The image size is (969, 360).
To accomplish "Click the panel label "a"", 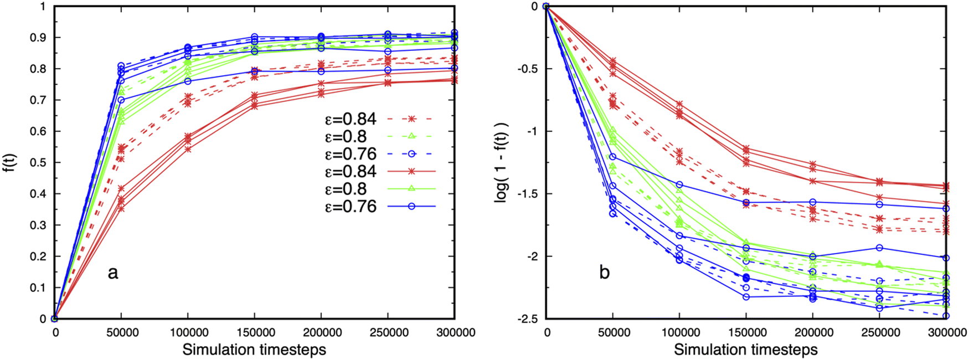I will (113, 272).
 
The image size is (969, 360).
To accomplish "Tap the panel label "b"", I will (605, 272).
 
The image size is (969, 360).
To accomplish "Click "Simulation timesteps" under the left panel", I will (254, 350).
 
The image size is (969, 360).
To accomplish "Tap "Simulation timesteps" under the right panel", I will (746, 350).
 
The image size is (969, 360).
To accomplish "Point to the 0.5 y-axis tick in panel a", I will (38, 163).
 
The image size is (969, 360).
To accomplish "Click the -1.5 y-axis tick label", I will (528, 194).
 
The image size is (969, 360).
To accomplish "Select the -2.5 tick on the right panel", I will (528, 319).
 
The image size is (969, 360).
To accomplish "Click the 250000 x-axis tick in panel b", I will (879, 333).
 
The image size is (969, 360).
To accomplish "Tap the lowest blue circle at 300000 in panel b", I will (946, 316).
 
